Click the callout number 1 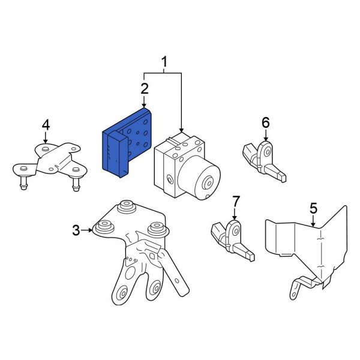(164, 62)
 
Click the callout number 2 (145, 89)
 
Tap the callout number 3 (76, 230)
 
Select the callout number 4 (46, 125)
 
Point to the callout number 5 (313, 208)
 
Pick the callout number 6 (266, 122)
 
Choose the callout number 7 (236, 202)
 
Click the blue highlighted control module (127, 143)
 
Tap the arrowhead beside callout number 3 (90, 230)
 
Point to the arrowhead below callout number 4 (46, 142)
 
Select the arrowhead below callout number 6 (266, 139)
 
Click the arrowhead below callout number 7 (235, 217)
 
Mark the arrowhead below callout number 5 (313, 224)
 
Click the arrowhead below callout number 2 (144, 105)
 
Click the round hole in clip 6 (267, 152)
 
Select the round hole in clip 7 (236, 231)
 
